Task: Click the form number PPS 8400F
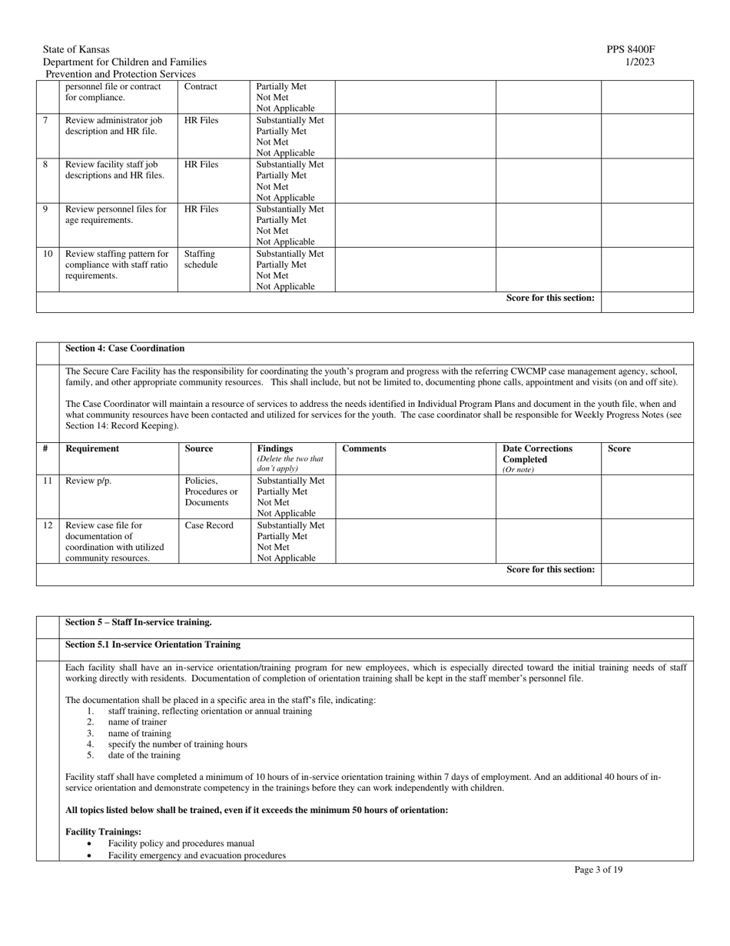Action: point(630,49)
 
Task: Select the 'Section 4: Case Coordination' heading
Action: point(124,348)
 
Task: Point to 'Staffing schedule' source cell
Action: point(200,259)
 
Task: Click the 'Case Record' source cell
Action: point(209,525)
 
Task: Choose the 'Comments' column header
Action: point(364,448)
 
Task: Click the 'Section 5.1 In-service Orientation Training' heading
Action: point(152,645)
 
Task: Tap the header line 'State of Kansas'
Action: point(76,49)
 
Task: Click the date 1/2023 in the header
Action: point(640,62)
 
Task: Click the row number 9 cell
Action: point(45,209)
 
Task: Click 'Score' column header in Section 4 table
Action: point(619,448)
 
